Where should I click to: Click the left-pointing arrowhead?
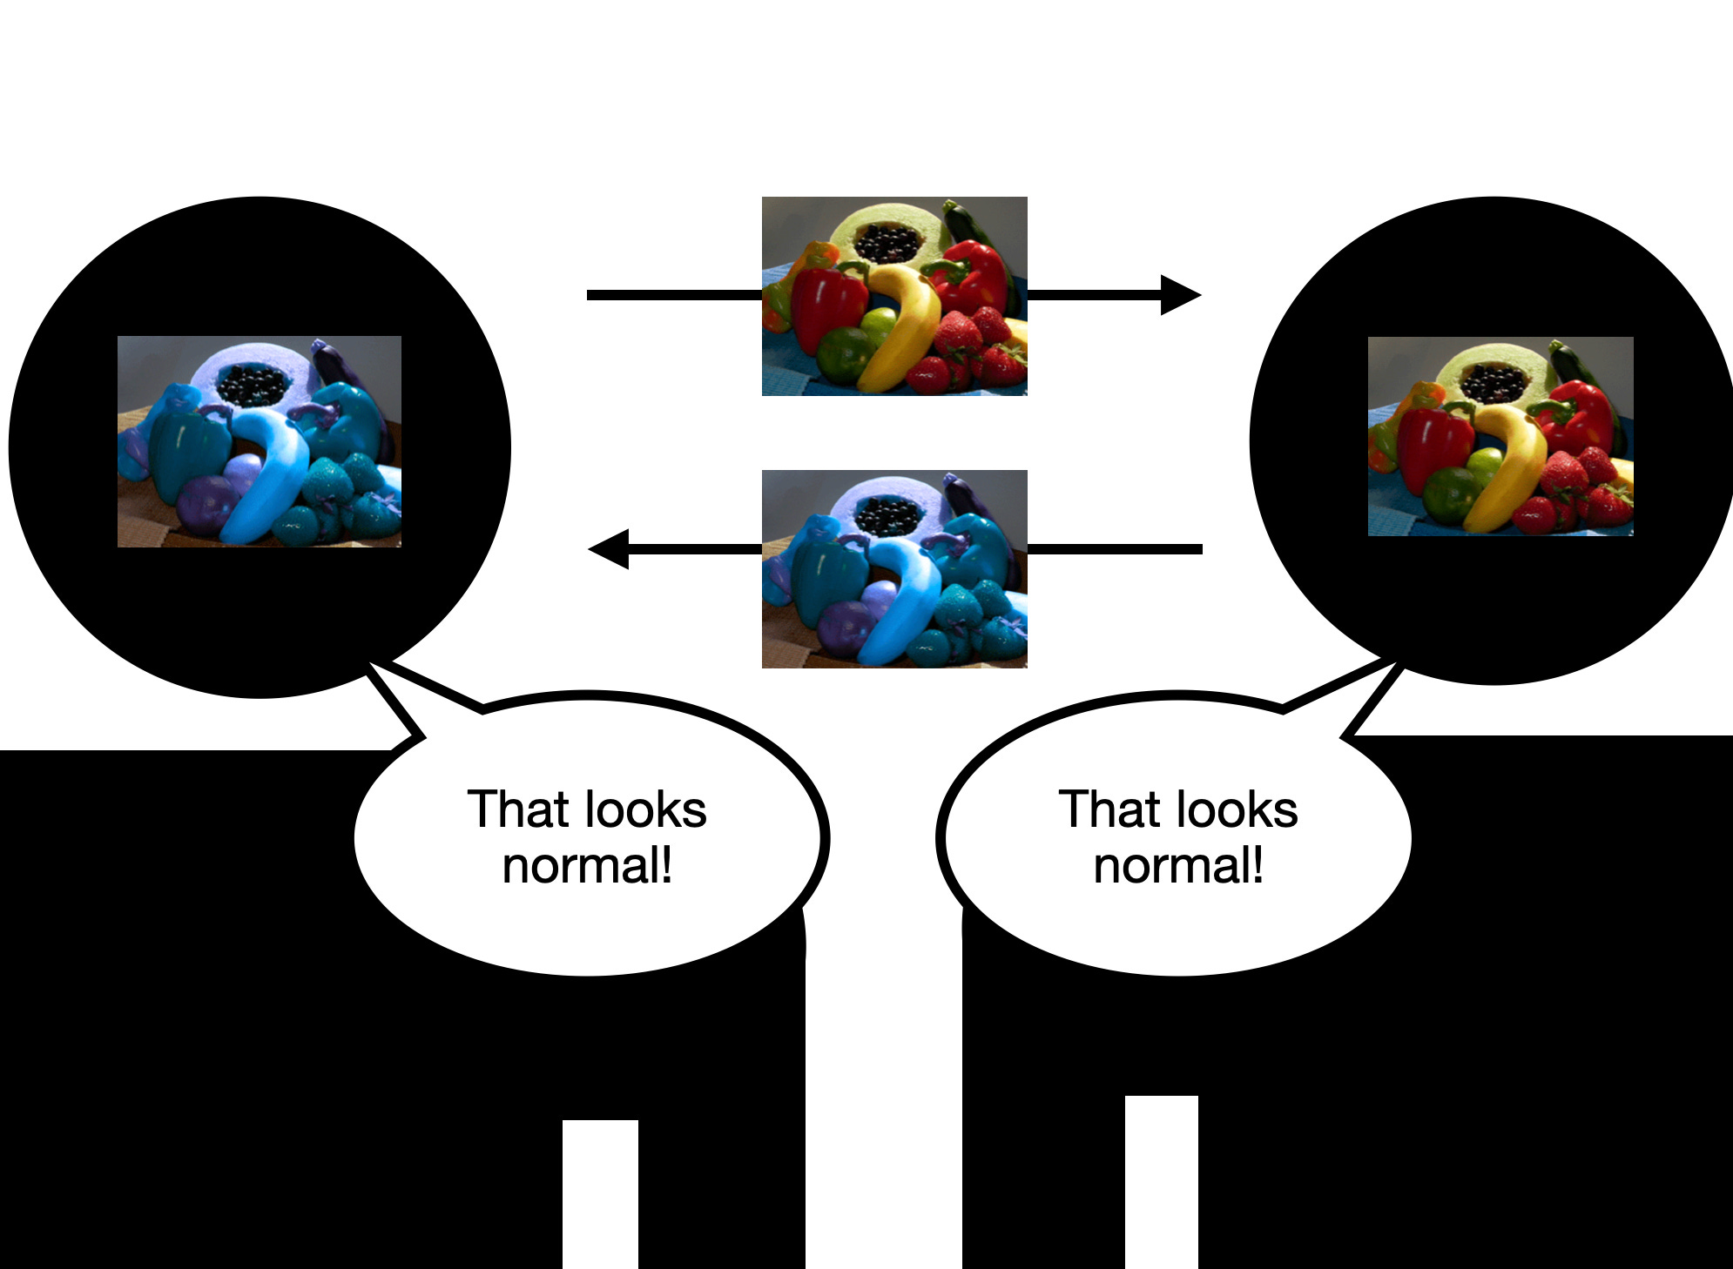click(610, 549)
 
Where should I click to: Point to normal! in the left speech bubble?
click(587, 867)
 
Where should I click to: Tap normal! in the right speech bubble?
click(1178, 867)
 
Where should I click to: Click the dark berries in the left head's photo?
click(253, 384)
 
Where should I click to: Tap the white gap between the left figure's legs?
click(600, 1192)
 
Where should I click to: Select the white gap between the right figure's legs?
click(1161, 1179)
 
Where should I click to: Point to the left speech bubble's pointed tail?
click(396, 696)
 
